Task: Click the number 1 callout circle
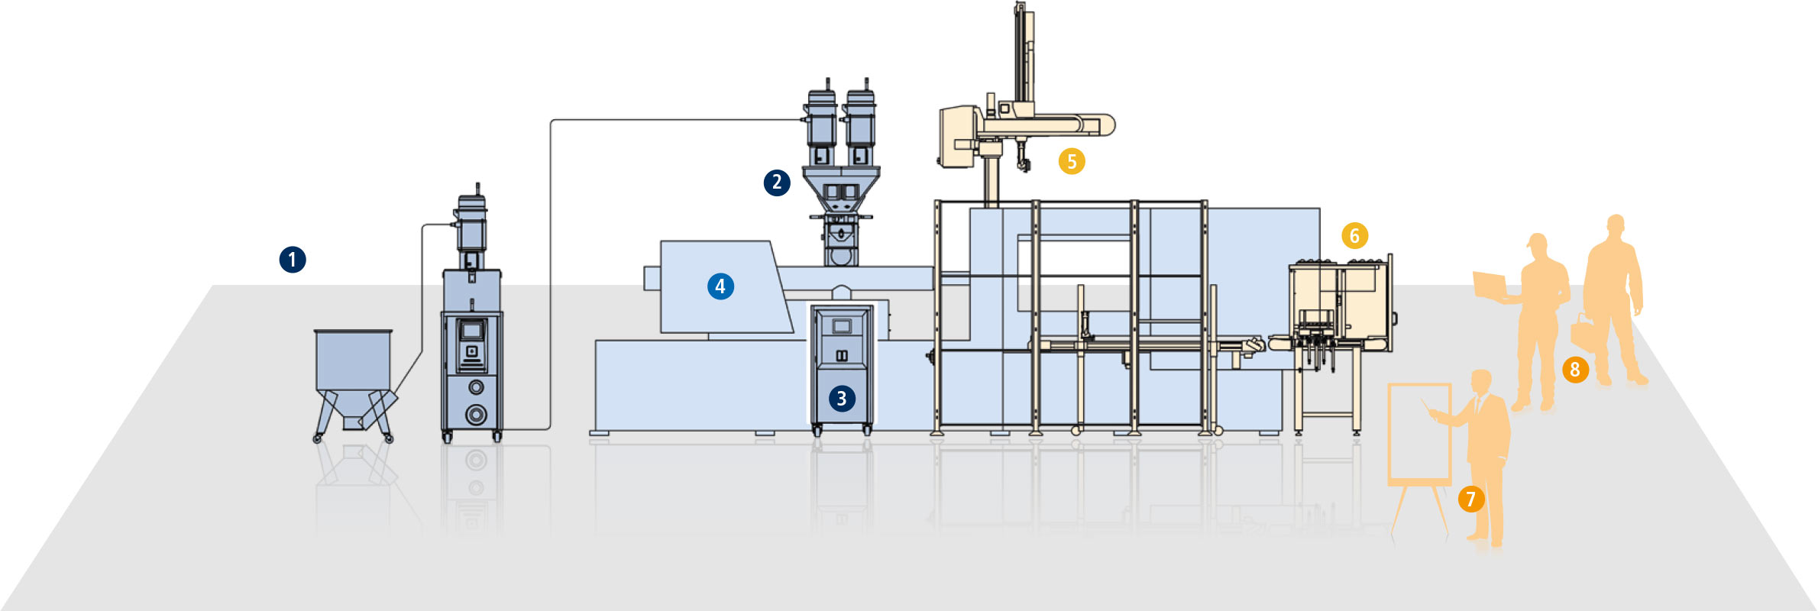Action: click(293, 260)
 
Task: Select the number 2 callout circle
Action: click(777, 183)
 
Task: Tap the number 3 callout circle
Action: click(842, 398)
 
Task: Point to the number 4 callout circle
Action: click(720, 286)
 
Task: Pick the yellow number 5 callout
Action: click(1072, 161)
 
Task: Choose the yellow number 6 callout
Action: click(1354, 235)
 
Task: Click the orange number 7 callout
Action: click(1470, 499)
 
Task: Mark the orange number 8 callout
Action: click(1574, 370)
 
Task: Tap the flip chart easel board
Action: click(1419, 433)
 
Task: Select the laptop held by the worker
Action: click(1489, 285)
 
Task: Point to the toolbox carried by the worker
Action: click(1580, 333)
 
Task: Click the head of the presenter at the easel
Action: click(1481, 382)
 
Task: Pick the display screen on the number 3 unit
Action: click(841, 326)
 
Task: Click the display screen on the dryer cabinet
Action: click(471, 331)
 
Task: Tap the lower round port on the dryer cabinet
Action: click(476, 414)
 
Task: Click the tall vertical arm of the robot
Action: click(1022, 53)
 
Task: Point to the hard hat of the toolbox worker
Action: click(1615, 222)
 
